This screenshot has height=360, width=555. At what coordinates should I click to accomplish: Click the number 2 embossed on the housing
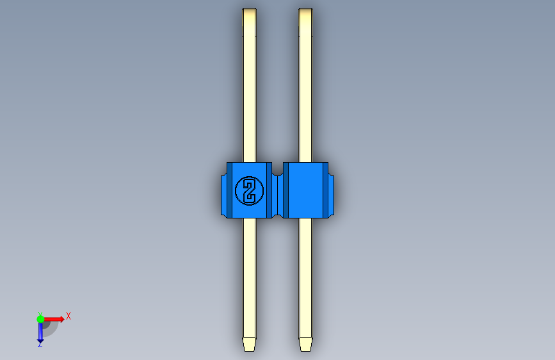(249, 190)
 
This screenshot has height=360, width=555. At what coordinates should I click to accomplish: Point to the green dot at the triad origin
(40, 318)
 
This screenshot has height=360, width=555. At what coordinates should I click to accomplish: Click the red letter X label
(68, 316)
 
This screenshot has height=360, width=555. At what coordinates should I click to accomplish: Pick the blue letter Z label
(40, 345)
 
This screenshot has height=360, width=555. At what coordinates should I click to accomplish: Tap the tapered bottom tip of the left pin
(249, 344)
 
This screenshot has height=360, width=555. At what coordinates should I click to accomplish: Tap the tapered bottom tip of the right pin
(306, 344)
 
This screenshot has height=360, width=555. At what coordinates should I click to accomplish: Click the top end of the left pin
(249, 11)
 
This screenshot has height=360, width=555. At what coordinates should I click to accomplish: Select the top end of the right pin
(306, 11)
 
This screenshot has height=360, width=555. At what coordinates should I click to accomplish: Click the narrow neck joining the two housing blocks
(277, 190)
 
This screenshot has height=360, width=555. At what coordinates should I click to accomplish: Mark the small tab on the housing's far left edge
(223, 190)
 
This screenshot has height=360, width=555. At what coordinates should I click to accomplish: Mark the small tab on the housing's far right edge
(331, 190)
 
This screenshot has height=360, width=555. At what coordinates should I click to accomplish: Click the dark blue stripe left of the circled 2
(230, 190)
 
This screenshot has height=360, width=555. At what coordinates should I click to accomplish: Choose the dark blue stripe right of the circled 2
(268, 190)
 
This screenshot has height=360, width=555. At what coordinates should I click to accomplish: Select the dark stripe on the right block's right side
(325, 190)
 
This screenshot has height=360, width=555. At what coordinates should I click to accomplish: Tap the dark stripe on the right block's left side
(286, 190)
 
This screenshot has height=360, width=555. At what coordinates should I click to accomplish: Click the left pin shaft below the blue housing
(249, 275)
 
